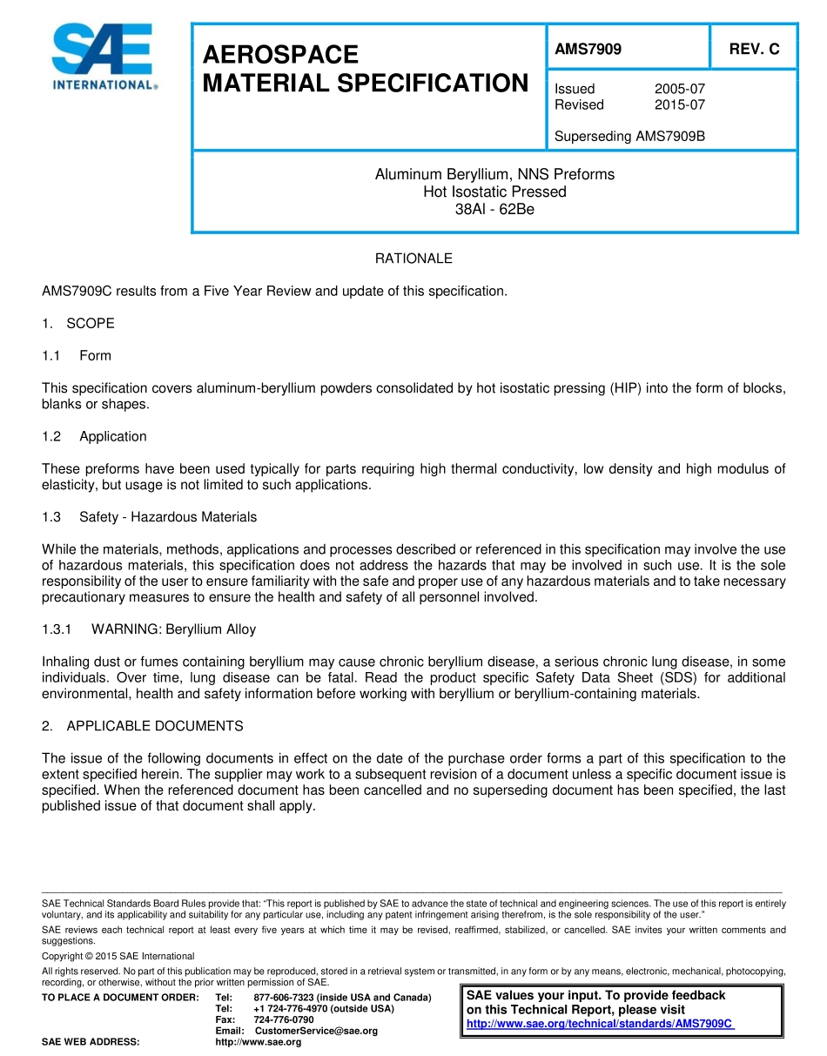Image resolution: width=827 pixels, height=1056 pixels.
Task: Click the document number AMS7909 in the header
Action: click(x=588, y=50)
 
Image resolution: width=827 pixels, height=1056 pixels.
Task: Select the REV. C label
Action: click(x=754, y=50)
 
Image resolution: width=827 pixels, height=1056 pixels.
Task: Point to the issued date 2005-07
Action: click(x=679, y=89)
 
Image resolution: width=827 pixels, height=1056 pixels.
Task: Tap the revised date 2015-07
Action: click(x=679, y=104)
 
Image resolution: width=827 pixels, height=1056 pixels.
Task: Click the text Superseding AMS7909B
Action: click(x=629, y=136)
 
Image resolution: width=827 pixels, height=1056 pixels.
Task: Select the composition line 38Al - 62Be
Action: click(x=494, y=210)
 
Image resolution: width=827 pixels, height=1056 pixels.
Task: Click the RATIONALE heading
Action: click(x=413, y=259)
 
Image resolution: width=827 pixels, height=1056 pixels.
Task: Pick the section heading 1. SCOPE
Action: click(x=78, y=323)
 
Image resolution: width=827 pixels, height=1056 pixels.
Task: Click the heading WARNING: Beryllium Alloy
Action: click(x=173, y=629)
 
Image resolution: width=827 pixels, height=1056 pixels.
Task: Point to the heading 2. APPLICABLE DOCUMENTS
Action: click(x=143, y=726)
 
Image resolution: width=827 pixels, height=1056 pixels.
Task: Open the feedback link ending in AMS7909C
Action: click(x=600, y=1024)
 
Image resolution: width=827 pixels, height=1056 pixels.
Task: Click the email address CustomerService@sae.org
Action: click(x=316, y=1031)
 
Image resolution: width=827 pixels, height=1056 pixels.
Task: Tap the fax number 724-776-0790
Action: click(x=283, y=1019)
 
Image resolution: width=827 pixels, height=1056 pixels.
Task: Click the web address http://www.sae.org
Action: click(x=258, y=1042)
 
